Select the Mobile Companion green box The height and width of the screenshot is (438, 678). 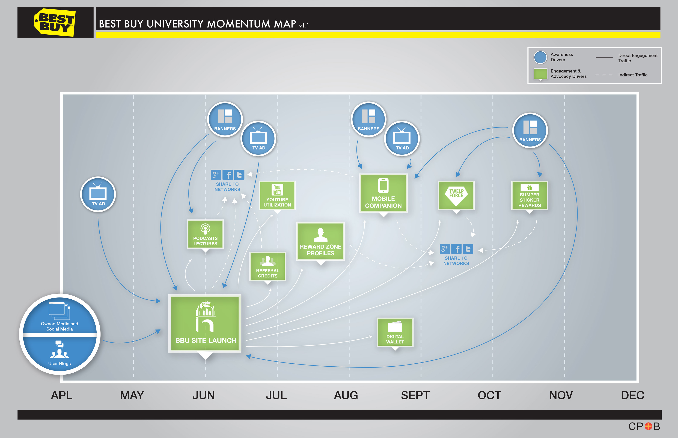[x=383, y=193]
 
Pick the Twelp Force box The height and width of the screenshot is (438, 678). [x=456, y=195]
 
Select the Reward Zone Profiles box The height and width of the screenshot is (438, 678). [x=321, y=241]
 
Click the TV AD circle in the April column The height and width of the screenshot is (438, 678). [x=98, y=194]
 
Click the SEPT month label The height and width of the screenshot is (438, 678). [x=415, y=395]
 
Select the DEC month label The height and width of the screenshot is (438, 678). [x=632, y=395]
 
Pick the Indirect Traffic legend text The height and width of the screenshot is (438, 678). [x=633, y=75]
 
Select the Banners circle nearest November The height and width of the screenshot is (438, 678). [x=530, y=130]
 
